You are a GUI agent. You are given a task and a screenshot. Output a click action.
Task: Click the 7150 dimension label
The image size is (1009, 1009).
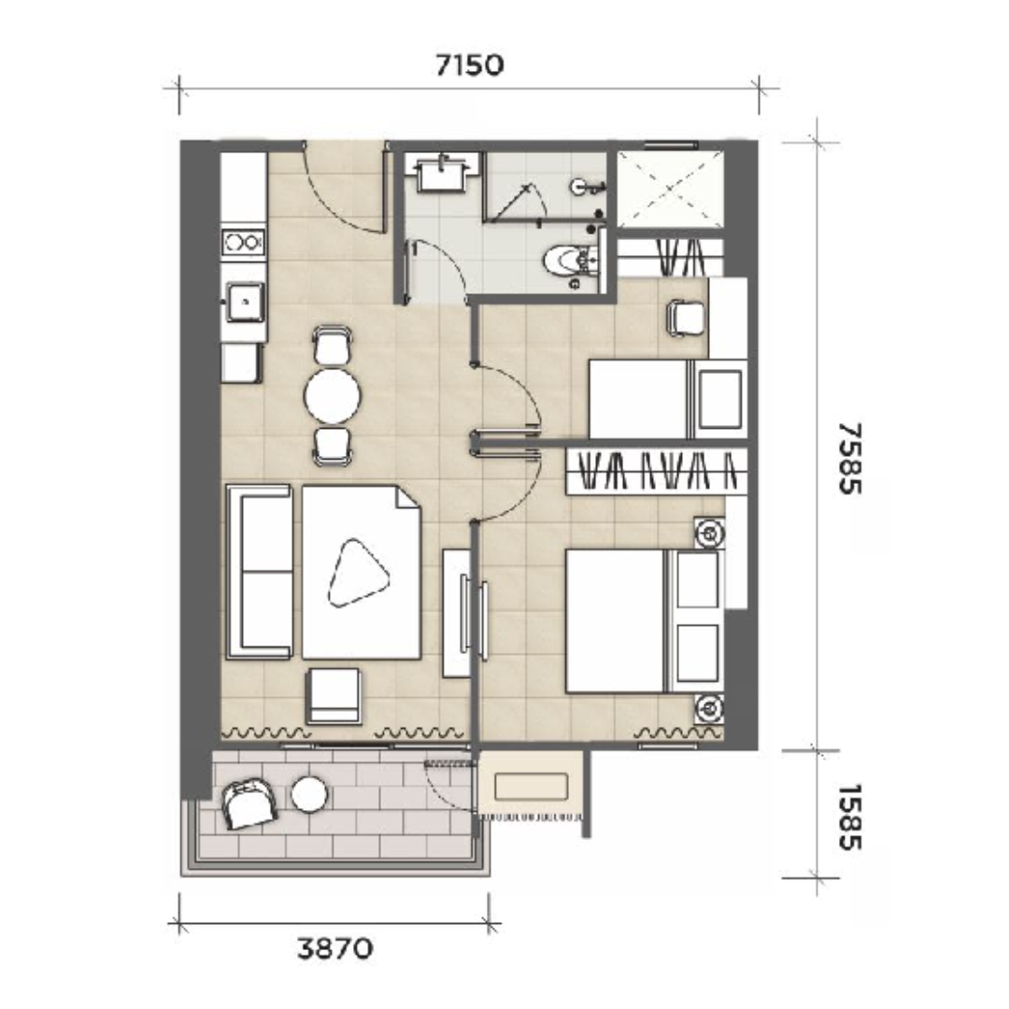(469, 65)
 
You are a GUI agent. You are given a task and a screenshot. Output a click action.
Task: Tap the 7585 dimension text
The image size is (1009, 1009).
(849, 458)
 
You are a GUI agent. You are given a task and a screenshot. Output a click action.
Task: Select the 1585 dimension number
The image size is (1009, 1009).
(849, 817)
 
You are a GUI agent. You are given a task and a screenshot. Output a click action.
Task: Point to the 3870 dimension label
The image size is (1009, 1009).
(334, 948)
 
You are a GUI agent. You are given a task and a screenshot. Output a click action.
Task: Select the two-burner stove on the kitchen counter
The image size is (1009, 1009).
(243, 242)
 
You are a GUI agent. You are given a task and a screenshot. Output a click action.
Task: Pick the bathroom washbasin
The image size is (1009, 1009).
(442, 173)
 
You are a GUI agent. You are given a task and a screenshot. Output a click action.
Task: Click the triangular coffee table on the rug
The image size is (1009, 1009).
(358, 573)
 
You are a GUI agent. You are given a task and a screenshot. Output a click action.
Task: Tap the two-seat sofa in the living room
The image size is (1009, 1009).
(259, 572)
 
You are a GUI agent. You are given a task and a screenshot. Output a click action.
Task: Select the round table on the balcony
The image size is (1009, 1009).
(309, 794)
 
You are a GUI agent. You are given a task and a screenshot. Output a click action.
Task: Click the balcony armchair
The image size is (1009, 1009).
(249, 803)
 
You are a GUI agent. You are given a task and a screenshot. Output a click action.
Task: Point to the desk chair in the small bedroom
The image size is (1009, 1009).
(686, 319)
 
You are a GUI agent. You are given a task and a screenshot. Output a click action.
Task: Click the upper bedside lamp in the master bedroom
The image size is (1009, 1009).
(709, 533)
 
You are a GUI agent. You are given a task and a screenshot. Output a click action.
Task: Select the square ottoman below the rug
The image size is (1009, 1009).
(333, 696)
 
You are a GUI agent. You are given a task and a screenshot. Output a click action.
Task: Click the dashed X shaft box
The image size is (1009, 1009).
(670, 189)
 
